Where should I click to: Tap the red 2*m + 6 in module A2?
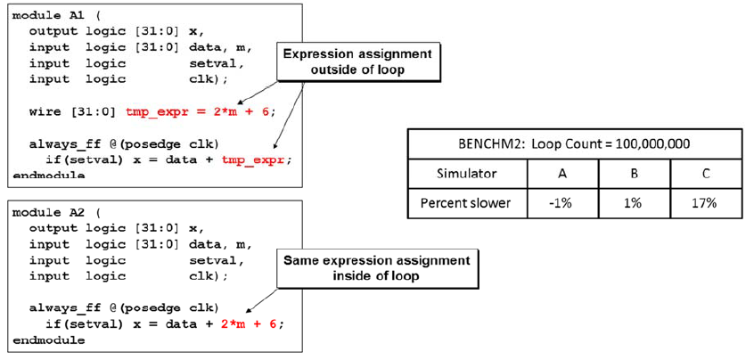click(249, 324)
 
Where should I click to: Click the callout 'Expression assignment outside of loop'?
click(357, 62)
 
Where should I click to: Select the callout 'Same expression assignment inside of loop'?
click(375, 269)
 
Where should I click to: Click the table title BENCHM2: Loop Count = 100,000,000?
click(574, 144)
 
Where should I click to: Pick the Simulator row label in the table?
click(466, 173)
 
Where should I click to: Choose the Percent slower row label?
click(466, 203)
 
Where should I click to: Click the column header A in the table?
click(561, 173)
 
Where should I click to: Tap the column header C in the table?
click(705, 173)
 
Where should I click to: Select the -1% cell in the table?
click(561, 203)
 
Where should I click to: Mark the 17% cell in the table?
click(705, 203)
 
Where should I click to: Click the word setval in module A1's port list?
click(216, 63)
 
